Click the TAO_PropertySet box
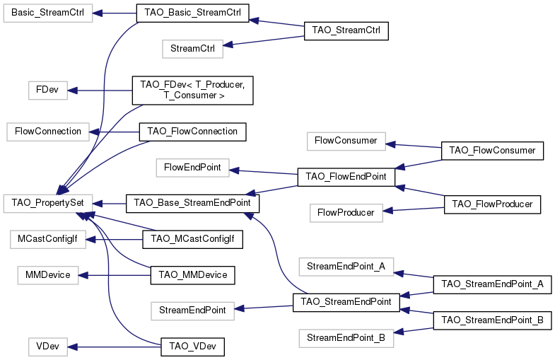(x=48, y=203)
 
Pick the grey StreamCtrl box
(x=192, y=49)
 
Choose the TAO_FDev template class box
(x=192, y=90)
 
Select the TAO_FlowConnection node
(x=192, y=132)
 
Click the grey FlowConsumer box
(x=346, y=141)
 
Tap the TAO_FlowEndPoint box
(x=346, y=177)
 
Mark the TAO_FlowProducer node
(x=491, y=204)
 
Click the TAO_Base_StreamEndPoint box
(x=192, y=203)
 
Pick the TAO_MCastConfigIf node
(x=192, y=240)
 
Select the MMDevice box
(x=48, y=275)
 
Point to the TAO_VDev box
(x=192, y=347)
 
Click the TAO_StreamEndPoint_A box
(x=491, y=284)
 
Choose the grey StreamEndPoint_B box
(x=346, y=338)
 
